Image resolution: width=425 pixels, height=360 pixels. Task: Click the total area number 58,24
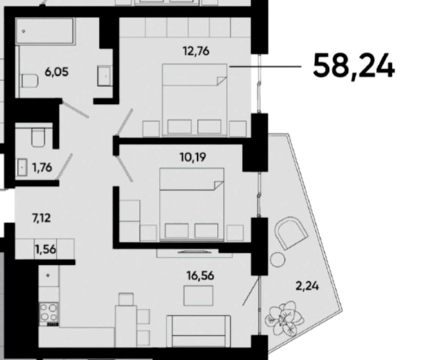tap(354, 66)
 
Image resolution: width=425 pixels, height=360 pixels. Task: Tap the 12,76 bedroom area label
tap(196, 51)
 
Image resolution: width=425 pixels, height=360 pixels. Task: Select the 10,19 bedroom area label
tap(194, 156)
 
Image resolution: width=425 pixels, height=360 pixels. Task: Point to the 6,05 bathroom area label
tap(57, 71)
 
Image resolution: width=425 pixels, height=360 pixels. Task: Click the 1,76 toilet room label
tap(42, 167)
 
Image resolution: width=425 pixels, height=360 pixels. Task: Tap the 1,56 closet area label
tap(46, 249)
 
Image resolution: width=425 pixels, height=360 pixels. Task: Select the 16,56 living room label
tap(200, 275)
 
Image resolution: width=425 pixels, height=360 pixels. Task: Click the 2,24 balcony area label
tap(307, 285)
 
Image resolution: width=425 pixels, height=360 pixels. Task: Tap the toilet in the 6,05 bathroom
tap(30, 81)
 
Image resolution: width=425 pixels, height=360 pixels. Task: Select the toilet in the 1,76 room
tap(38, 137)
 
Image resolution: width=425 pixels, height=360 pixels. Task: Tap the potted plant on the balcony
tap(285, 317)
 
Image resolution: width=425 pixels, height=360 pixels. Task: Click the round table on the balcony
tap(277, 260)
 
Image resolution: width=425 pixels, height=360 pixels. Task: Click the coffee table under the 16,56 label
tap(198, 295)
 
